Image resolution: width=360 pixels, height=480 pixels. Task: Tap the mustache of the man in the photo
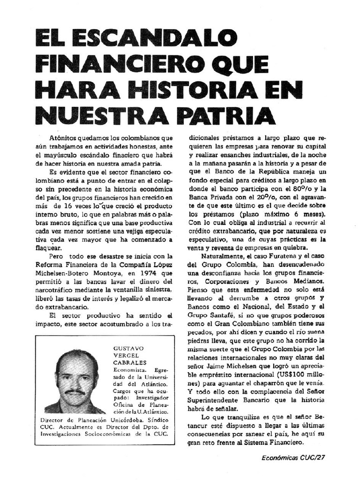pos(75,391)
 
